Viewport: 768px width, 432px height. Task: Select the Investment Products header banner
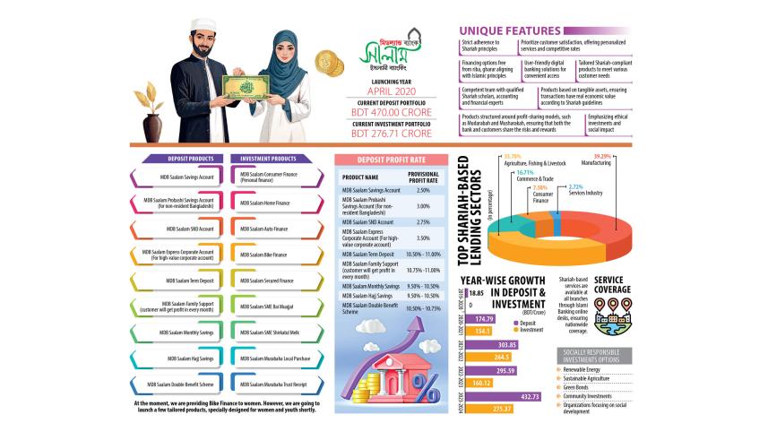(269, 159)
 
